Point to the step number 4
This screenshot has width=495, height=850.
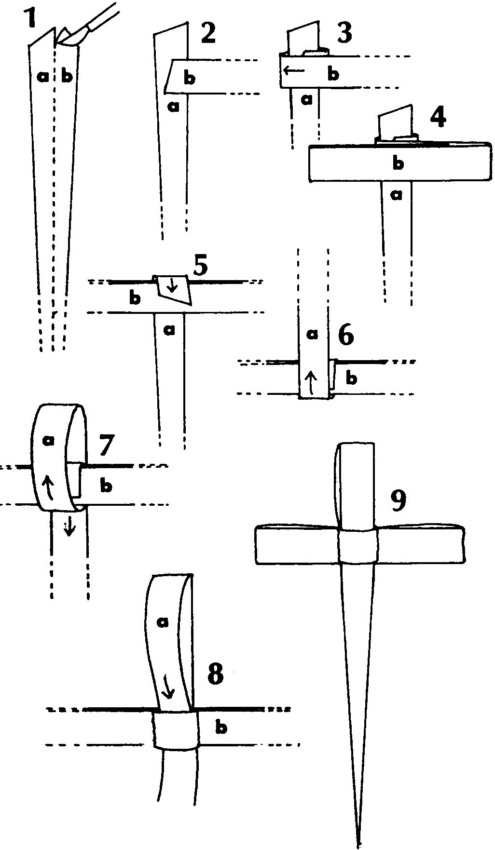[x=437, y=117]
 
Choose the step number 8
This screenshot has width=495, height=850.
[x=215, y=675]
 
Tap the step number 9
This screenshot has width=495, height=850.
[x=398, y=501]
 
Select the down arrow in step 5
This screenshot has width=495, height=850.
[x=174, y=285]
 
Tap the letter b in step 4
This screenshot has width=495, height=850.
[x=398, y=163]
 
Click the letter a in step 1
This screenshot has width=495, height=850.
[x=43, y=76]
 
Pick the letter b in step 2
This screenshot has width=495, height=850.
[x=190, y=78]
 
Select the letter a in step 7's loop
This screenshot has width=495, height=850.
[x=48, y=440]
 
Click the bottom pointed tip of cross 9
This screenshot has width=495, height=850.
[x=358, y=845]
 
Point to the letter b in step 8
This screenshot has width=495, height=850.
[x=221, y=726]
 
